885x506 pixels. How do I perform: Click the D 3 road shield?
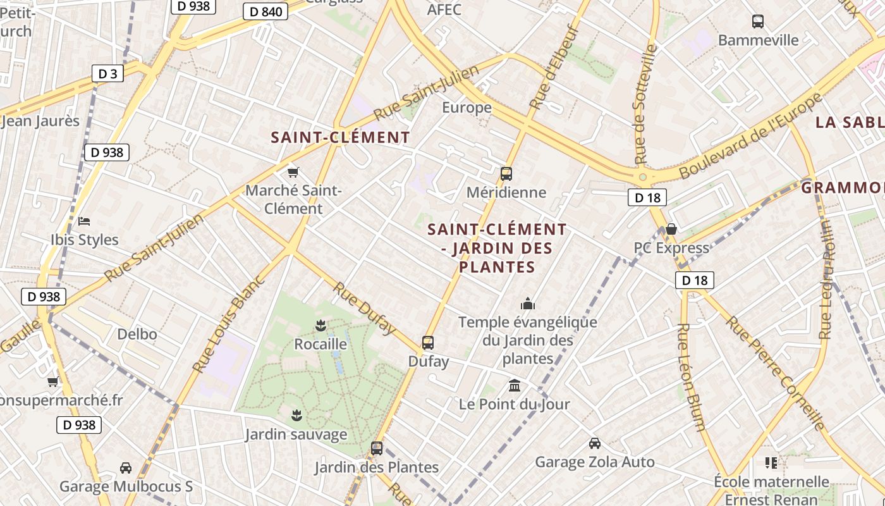(107, 73)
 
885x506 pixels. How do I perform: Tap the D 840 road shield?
(265, 11)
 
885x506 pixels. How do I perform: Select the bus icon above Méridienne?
(506, 173)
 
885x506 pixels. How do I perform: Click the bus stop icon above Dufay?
(428, 343)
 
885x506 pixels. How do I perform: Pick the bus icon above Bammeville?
(758, 22)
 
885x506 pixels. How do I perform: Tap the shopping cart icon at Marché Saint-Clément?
(293, 172)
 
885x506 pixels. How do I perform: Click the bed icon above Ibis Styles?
(84, 221)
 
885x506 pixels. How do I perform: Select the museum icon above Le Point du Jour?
(515, 385)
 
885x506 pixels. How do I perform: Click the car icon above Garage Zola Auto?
(594, 443)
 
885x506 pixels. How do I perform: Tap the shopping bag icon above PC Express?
(671, 228)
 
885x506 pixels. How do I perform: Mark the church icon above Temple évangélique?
(528, 304)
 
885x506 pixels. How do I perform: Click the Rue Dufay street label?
(365, 308)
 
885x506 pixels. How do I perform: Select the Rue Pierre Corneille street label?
(776, 373)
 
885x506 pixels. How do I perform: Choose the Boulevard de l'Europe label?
(750, 136)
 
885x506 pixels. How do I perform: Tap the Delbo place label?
(137, 333)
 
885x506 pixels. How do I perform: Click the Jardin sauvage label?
(296, 435)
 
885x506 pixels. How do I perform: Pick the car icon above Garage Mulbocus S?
(126, 468)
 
